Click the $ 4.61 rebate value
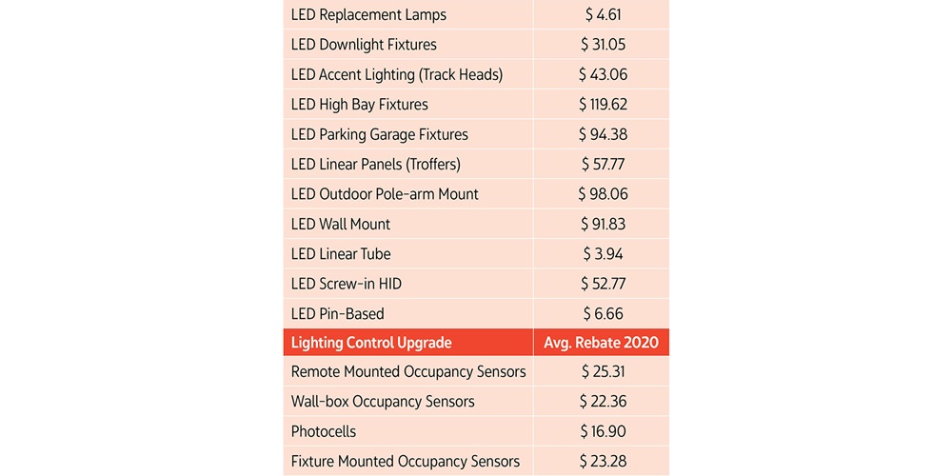pyautogui.click(x=603, y=14)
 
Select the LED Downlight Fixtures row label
pyautogui.click(x=364, y=45)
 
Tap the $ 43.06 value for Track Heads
pyautogui.click(x=603, y=74)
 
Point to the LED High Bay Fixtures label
pyautogui.click(x=360, y=105)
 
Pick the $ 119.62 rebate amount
pyautogui.click(x=603, y=105)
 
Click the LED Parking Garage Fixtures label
pyautogui.click(x=380, y=134)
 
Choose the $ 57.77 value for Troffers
pyautogui.click(x=603, y=164)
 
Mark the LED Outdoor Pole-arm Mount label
pyautogui.click(x=385, y=194)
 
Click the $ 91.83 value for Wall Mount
pyautogui.click(x=603, y=224)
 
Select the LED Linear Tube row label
pyautogui.click(x=341, y=254)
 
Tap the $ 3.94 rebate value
pyautogui.click(x=603, y=254)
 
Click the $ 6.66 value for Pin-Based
pyautogui.click(x=603, y=313)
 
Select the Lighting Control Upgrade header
pyautogui.click(x=371, y=343)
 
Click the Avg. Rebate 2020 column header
pyautogui.click(x=602, y=343)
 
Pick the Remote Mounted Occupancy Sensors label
pyautogui.click(x=408, y=371)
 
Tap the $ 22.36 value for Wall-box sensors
pyautogui.click(x=603, y=402)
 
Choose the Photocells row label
pyautogui.click(x=324, y=431)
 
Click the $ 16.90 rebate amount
pyautogui.click(x=603, y=431)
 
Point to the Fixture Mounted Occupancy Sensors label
pyautogui.click(x=406, y=462)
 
